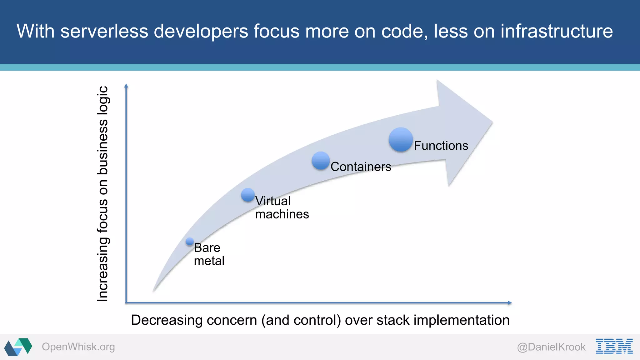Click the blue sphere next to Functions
(401, 140)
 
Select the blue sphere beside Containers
(321, 161)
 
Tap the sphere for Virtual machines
(248, 195)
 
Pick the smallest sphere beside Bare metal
(190, 241)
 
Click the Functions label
(441, 146)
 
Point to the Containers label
(361, 167)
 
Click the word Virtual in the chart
(273, 201)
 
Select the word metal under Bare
(209, 261)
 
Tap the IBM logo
(614, 346)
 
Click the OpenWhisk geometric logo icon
(18, 347)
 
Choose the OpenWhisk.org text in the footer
(78, 347)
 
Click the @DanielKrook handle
(551, 347)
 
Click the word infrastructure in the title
(557, 31)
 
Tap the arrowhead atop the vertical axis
(126, 86)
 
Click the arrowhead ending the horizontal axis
(510, 303)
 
